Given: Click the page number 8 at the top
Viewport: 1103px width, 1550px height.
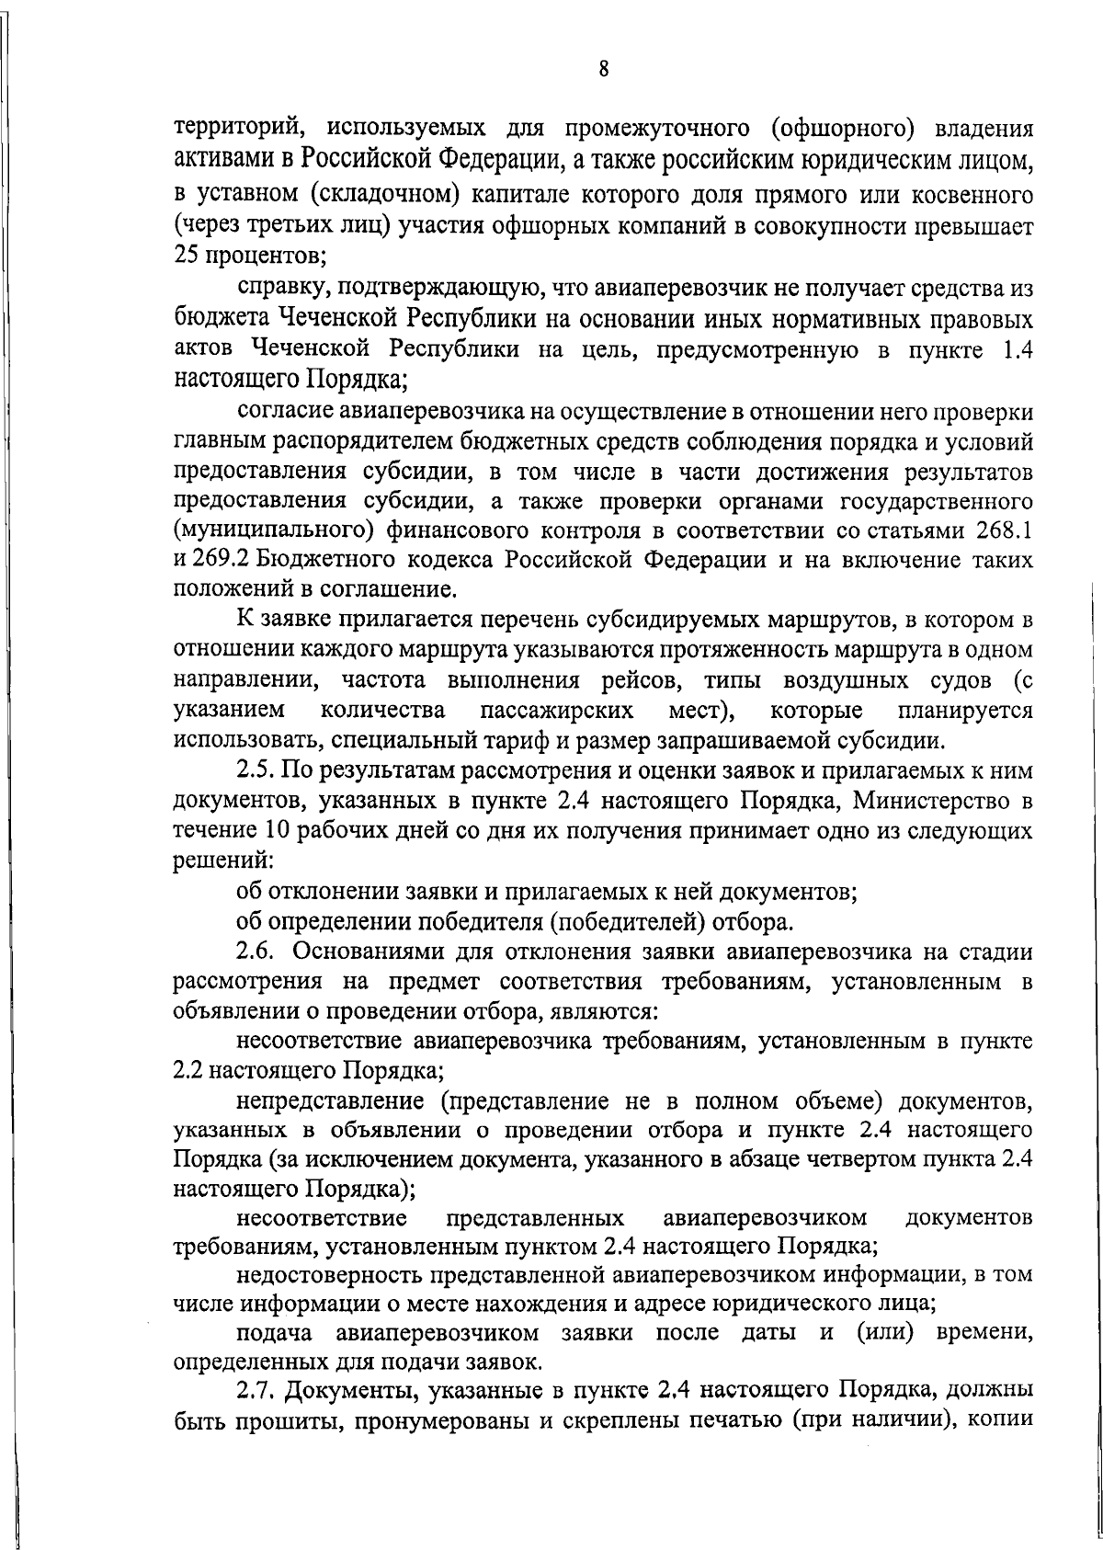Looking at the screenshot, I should click(x=603, y=70).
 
